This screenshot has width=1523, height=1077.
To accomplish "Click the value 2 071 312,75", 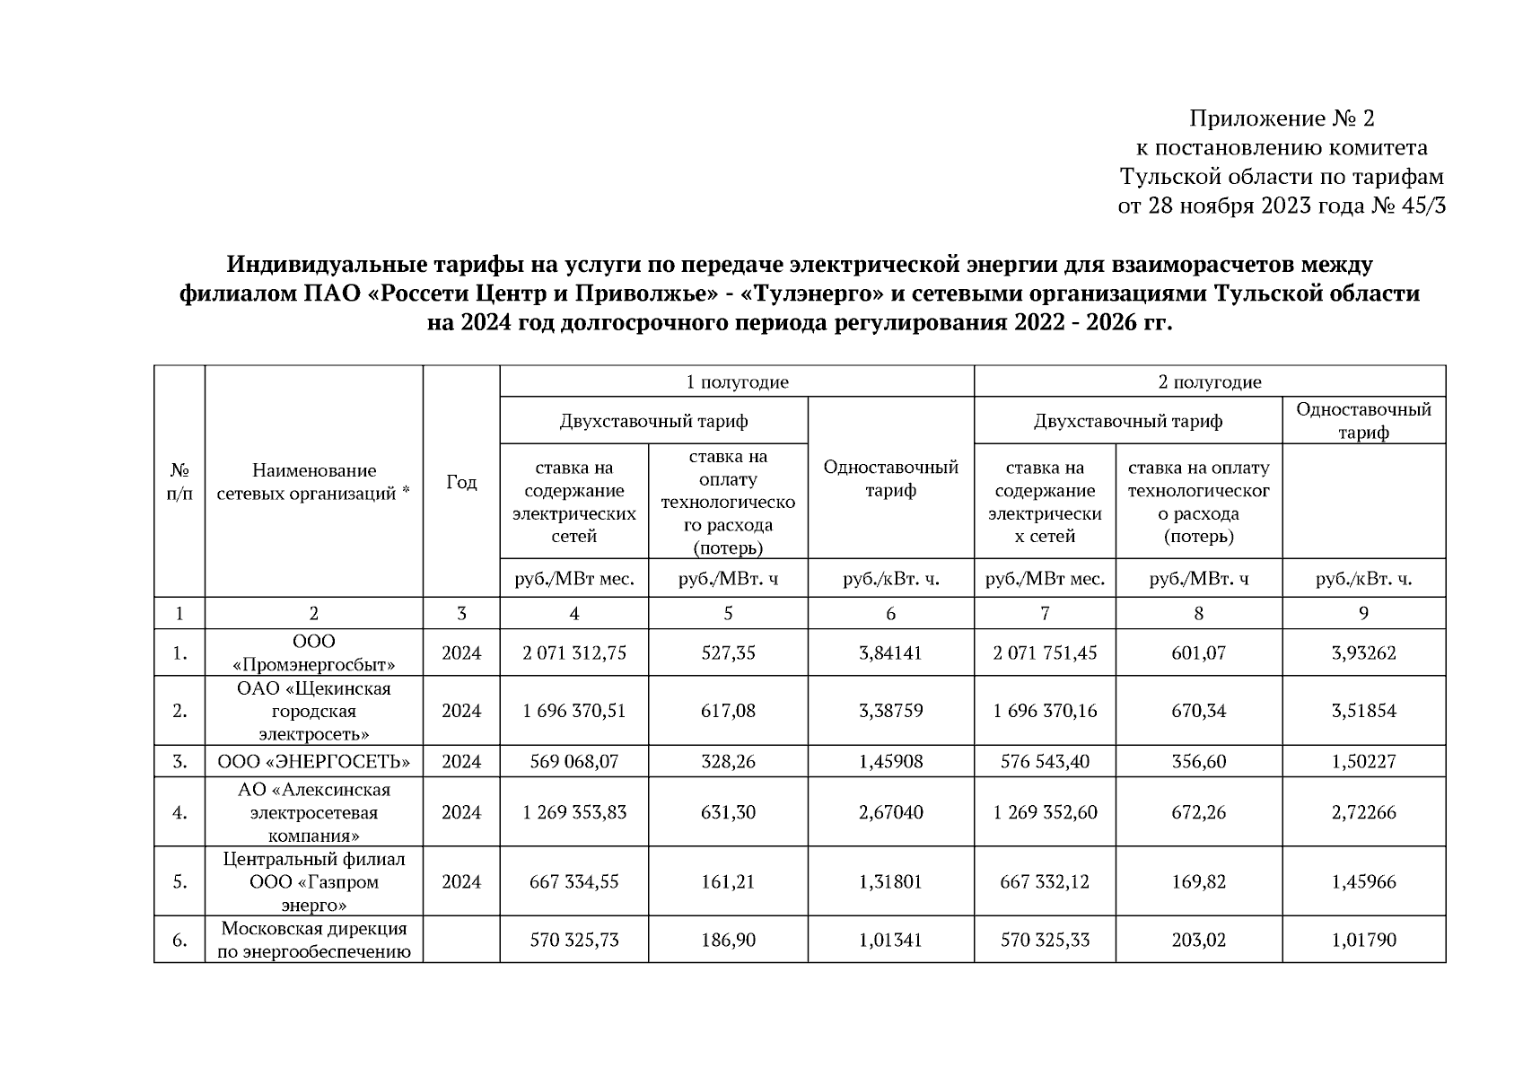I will tap(574, 653).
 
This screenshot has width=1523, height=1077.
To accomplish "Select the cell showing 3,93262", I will tap(1363, 653).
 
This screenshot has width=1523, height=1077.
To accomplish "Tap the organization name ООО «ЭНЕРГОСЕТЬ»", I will tap(313, 762).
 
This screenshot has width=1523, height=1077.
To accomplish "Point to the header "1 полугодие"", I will tap(737, 382).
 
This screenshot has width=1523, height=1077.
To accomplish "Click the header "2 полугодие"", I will tap(1209, 382).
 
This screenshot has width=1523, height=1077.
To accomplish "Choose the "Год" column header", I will tap(461, 482).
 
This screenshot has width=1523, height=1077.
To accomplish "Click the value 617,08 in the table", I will tap(728, 711).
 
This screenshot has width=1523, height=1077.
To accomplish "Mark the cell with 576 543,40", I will tap(1045, 762).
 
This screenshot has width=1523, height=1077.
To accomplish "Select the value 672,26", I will tap(1198, 812).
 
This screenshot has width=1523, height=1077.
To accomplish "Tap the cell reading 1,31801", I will tap(890, 882).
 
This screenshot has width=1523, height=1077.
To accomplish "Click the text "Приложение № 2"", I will tap(1282, 118).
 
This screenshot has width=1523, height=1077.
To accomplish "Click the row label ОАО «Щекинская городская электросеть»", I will tap(313, 711).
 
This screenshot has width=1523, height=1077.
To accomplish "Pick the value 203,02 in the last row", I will tap(1198, 941).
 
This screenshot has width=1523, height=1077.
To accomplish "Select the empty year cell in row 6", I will tap(461, 941).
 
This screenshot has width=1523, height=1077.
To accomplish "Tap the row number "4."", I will tap(179, 813).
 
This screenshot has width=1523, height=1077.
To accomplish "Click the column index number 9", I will tap(1363, 614).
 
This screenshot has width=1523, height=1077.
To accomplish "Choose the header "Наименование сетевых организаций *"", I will tap(313, 482).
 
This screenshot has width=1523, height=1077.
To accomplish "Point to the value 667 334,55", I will tap(574, 882).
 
